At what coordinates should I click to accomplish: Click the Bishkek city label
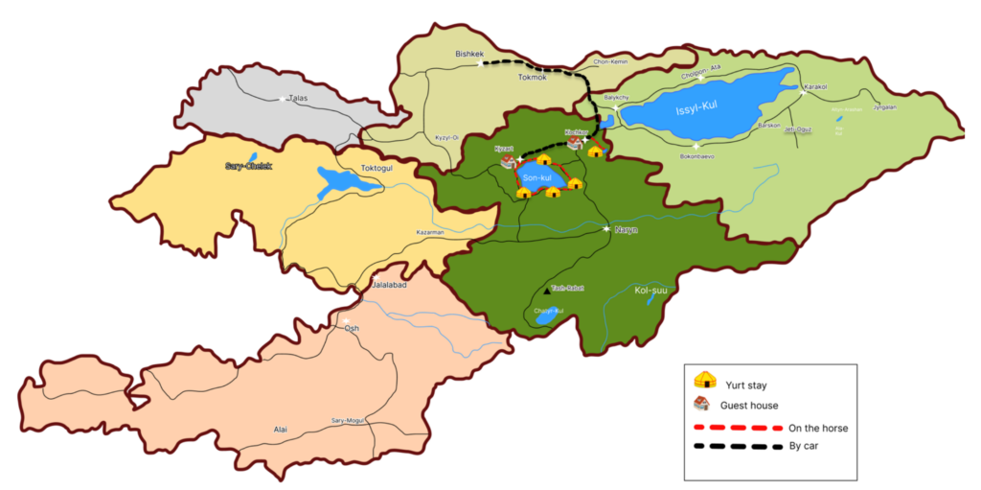(x=471, y=55)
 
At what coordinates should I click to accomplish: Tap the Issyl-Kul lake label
(x=697, y=106)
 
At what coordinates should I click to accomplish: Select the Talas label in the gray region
(x=305, y=98)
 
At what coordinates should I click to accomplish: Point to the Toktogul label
(x=377, y=169)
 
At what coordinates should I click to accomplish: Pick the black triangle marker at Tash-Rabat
(x=547, y=289)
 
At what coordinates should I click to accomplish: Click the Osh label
(x=352, y=328)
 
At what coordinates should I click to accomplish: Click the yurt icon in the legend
(x=705, y=381)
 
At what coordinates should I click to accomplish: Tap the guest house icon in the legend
(x=705, y=404)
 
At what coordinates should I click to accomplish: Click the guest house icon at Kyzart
(x=509, y=161)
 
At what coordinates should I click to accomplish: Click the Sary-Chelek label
(x=248, y=166)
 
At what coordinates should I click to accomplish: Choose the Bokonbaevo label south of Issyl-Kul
(x=696, y=155)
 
